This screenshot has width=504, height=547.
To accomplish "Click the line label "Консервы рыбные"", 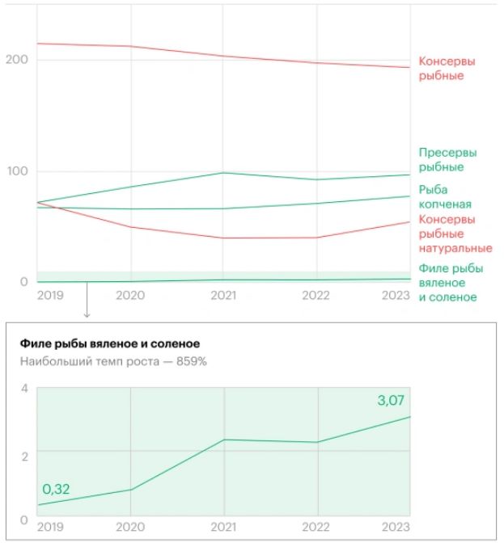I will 447,69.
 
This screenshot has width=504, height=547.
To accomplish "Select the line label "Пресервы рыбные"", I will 447,159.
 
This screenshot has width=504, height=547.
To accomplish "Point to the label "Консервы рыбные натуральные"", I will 455,234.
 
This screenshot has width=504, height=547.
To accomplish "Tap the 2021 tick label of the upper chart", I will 223,296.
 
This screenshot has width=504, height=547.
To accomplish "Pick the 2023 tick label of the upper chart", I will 396,296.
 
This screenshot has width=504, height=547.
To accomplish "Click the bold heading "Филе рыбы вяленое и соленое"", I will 109,343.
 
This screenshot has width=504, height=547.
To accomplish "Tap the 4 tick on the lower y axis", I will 24,389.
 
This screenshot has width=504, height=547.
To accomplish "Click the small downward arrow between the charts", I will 87,310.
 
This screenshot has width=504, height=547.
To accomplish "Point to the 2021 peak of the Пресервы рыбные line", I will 224,173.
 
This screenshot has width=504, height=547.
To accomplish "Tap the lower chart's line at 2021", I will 224,440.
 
